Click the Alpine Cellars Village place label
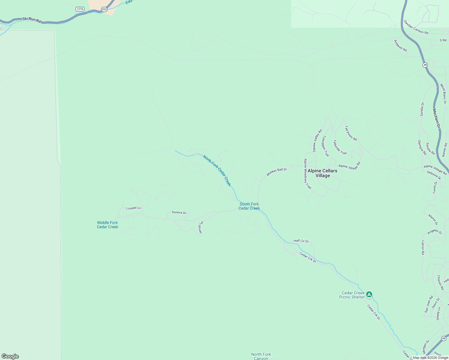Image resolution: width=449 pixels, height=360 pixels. coord(322,173)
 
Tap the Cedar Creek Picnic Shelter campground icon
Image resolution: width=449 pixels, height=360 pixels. coord(369,294)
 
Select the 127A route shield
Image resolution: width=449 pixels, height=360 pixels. coord(80,9)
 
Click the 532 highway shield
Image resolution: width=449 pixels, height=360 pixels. coord(104,9)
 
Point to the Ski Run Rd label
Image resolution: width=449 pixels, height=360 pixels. coord(32,20)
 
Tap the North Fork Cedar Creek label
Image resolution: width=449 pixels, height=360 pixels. coord(217,170)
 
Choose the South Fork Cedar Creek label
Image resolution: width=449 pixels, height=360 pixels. coord(249,206)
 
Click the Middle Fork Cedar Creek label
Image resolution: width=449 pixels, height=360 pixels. coord(107,225)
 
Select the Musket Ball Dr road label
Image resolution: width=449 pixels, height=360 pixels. coord(277,172)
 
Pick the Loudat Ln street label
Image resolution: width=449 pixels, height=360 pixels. coord(134,208)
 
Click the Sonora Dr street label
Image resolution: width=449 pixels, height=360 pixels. coord(179,212)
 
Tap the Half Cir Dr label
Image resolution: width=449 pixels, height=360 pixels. coord(301,241)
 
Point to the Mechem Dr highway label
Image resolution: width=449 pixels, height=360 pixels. coord(436,118)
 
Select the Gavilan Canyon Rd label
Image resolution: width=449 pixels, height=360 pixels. coord(416,27)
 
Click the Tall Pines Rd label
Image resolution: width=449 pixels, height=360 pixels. coord(351,133)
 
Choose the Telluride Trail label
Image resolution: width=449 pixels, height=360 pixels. coord(340,147)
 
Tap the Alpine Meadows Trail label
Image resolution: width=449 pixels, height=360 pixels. coord(307,174)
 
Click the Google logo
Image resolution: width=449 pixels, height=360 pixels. coord(10,356)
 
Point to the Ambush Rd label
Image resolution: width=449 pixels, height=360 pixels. coord(400,46)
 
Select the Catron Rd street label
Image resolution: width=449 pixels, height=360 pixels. coord(423,247)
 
